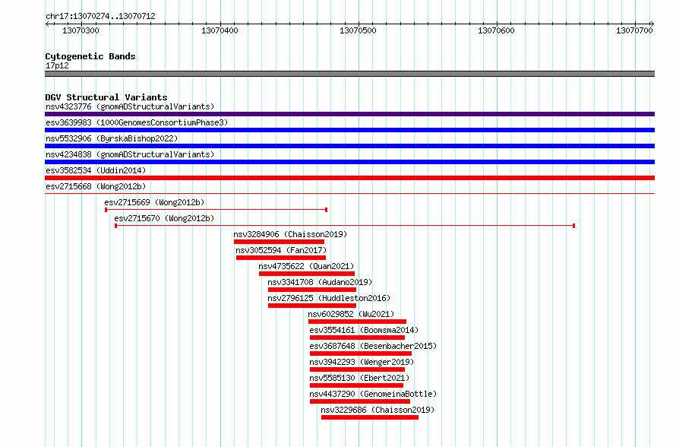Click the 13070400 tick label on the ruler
[x=220, y=30]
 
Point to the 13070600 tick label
[x=496, y=30]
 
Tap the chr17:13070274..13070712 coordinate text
[x=100, y=17]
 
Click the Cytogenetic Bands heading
[x=90, y=56]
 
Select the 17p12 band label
[x=57, y=65]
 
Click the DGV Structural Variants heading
[x=106, y=97]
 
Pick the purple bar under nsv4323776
[x=349, y=114]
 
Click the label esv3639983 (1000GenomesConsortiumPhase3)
[x=137, y=122]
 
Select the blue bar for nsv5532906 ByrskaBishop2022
[x=349, y=146]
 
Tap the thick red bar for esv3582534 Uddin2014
[x=349, y=178]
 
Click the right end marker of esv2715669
[x=327, y=210]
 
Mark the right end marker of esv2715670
[x=573, y=226]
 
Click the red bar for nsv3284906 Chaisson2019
[x=279, y=242]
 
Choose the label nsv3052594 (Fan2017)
[x=281, y=250]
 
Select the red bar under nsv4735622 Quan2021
[x=307, y=274]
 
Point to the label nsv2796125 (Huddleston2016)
[x=329, y=298]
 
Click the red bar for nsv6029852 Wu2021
[x=358, y=322]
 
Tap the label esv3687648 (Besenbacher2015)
[x=373, y=346]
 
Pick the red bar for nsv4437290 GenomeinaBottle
[x=360, y=401]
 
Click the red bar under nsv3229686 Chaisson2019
[x=370, y=417]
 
